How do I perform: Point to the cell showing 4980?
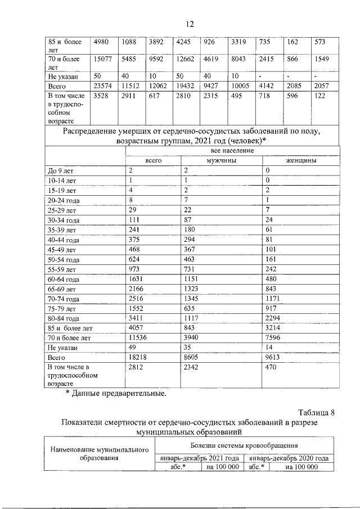(102, 41)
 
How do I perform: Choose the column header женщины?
(300, 160)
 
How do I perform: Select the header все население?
(232, 151)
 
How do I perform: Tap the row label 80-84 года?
(65, 318)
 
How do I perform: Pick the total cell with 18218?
(138, 357)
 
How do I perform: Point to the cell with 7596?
(275, 337)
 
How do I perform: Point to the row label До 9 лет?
(60, 170)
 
